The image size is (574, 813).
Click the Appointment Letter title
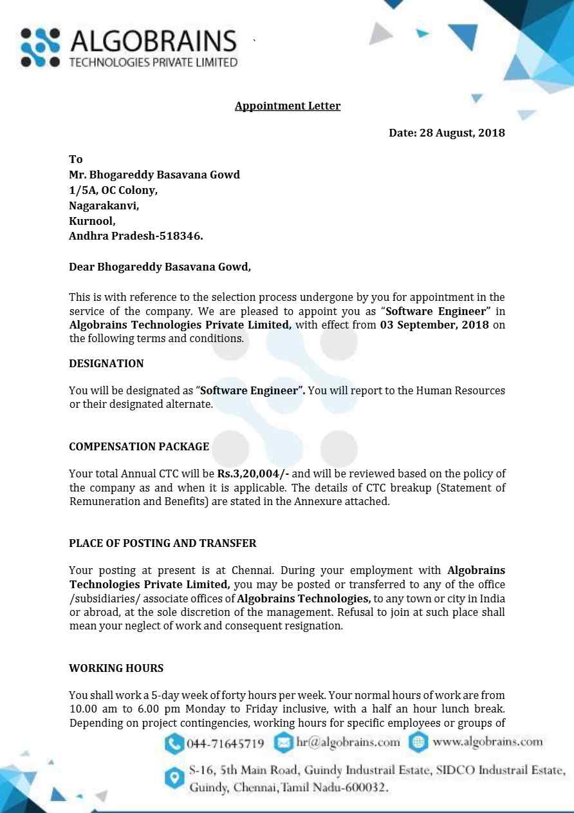click(287, 106)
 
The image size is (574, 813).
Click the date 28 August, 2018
click(462, 133)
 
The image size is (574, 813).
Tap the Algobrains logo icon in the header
click(41, 48)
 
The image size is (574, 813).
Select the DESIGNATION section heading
click(106, 363)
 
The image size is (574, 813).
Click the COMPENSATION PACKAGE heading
click(139, 446)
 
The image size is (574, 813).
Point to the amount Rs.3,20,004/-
click(253, 473)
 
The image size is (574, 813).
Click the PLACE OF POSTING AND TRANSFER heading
click(162, 543)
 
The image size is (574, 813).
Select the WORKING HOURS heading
click(116, 668)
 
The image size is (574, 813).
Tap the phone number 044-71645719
click(225, 743)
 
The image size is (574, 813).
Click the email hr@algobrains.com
click(348, 742)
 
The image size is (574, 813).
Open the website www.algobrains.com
click(488, 741)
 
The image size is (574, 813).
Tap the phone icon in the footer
click(174, 743)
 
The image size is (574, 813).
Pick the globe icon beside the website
click(418, 742)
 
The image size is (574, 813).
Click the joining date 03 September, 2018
click(434, 325)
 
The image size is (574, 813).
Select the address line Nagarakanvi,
click(104, 206)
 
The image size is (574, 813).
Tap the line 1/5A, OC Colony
click(113, 191)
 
